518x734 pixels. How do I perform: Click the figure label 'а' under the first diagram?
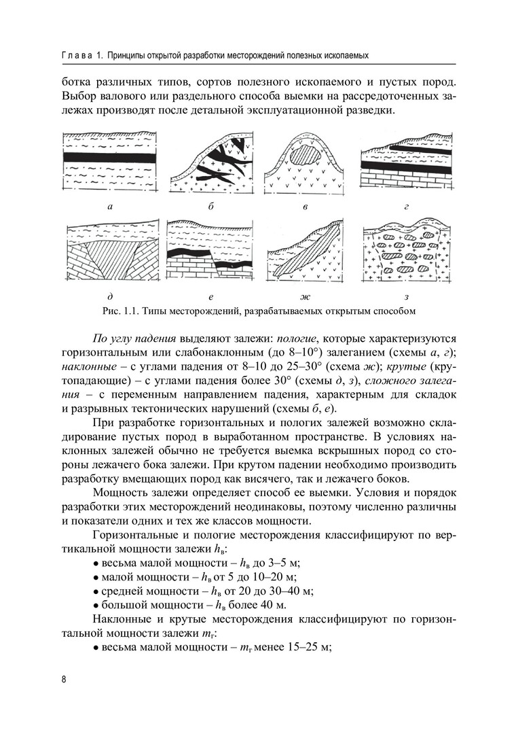pos(110,205)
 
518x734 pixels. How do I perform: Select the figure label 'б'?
pos(212,205)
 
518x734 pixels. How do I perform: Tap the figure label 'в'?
pos(306,205)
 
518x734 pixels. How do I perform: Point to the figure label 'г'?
pos(405,205)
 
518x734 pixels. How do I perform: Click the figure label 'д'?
pos(110,297)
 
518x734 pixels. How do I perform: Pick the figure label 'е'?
pos(211,297)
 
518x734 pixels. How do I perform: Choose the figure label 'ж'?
pos(305,297)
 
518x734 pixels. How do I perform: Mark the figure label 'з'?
pos(405,297)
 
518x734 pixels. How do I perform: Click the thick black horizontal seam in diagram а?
pos(110,156)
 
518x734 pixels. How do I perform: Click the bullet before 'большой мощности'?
pos(95,605)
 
